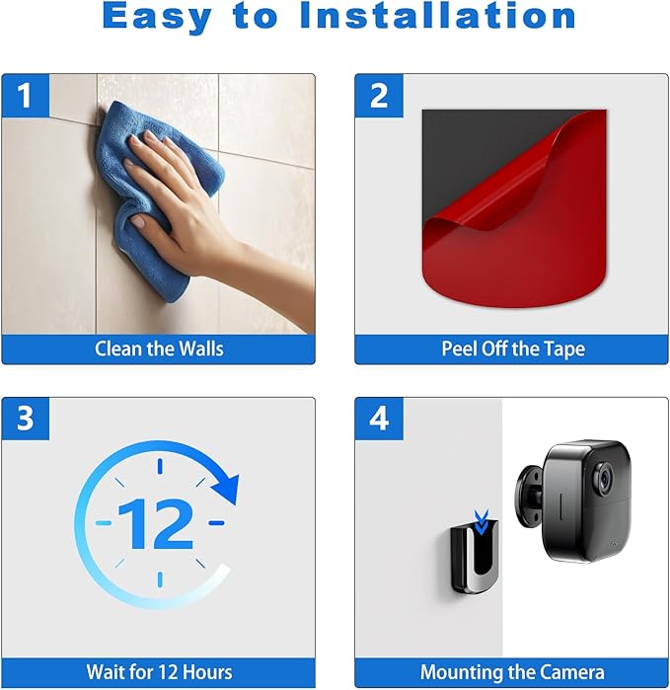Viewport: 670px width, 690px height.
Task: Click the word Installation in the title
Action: pos(438,16)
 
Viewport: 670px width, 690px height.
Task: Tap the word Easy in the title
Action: pos(157,17)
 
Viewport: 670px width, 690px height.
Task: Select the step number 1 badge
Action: pos(26,96)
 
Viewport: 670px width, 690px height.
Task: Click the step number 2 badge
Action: pos(379,96)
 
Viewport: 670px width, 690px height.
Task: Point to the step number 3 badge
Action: pos(26,419)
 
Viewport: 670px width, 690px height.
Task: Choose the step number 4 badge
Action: pos(379,419)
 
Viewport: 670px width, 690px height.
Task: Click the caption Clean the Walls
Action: pos(159,349)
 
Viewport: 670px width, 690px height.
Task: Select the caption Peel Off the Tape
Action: pos(513,349)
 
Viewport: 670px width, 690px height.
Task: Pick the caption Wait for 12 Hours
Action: pos(159,672)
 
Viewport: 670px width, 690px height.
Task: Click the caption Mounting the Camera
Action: pos(512,672)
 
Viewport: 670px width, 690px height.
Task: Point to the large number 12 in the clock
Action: pos(156,523)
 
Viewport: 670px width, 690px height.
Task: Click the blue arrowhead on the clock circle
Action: pos(226,489)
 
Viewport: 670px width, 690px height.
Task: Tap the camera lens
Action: pos(604,478)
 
